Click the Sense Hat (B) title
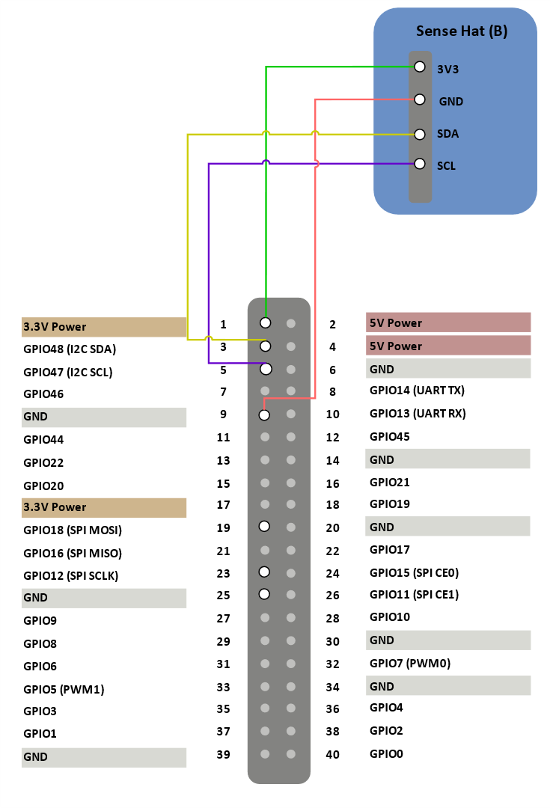pos(461,31)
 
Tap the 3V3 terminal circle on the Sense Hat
pos(420,67)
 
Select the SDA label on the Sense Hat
pos(447,134)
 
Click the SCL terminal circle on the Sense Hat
pos(420,164)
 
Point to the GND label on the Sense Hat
pos(451,102)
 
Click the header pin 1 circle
pos(266,322)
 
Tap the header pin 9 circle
pos(264,414)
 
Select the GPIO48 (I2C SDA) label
pos(70,349)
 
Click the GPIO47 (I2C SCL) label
pos(68,373)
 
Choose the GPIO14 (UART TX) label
pos(417,391)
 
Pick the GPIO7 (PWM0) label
pos(410,663)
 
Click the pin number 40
pos(332,754)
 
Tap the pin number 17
pos(223,505)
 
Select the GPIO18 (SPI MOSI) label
pos(73,530)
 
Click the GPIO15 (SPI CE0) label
pos(414,573)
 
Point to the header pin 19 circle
pos(264,526)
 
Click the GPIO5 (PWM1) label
pos(64,690)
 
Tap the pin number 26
pos(332,596)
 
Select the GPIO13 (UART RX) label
pos(418,414)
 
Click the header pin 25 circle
pos(264,594)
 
